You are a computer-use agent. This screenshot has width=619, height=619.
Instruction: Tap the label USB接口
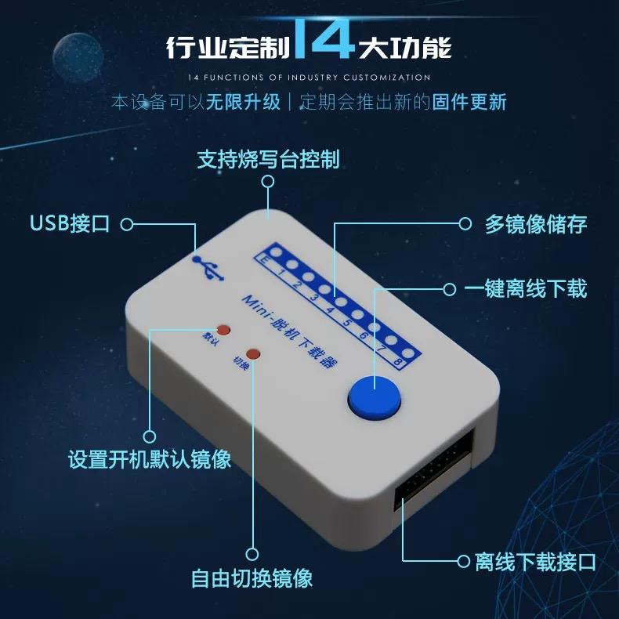(x=70, y=224)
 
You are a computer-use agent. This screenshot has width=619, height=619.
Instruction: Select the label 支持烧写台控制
(x=268, y=160)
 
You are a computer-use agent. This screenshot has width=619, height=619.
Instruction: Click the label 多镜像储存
(x=535, y=224)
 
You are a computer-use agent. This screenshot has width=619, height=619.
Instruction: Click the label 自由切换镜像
(x=252, y=578)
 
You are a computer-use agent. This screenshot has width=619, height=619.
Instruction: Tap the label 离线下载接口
(x=536, y=561)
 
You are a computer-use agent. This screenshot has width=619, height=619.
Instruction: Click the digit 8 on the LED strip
(x=400, y=363)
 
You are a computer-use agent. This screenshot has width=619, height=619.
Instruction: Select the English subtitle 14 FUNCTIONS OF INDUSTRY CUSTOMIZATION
(x=309, y=78)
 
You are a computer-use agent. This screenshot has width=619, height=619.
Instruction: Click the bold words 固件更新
(x=469, y=103)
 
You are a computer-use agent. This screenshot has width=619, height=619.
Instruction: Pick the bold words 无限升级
(x=243, y=103)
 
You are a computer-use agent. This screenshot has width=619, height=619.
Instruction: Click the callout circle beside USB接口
(x=127, y=225)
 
